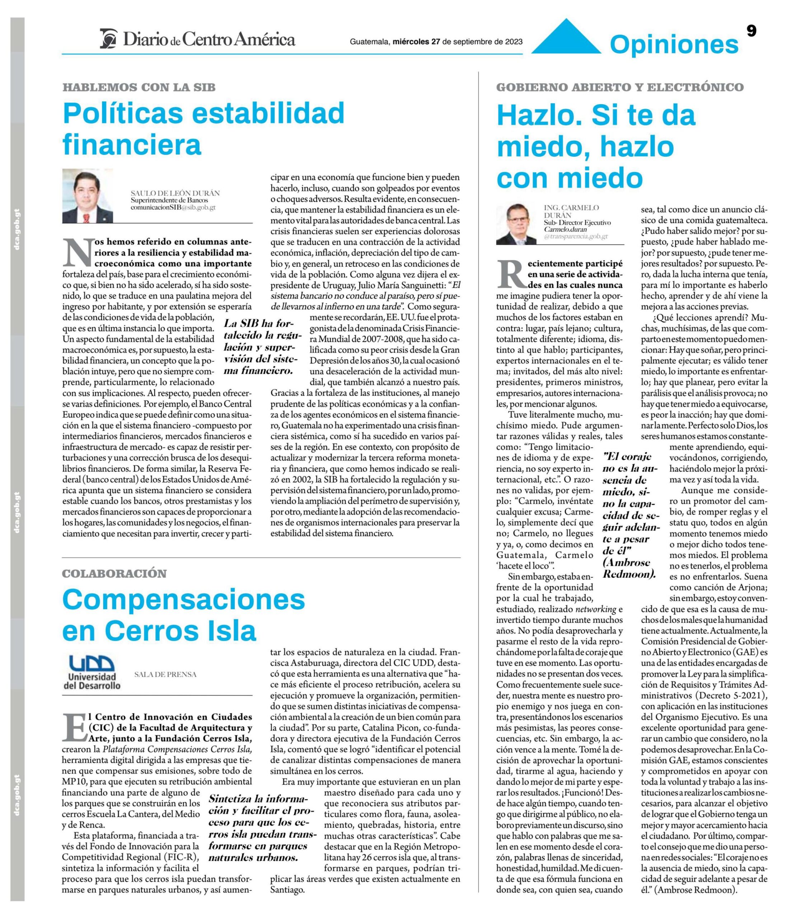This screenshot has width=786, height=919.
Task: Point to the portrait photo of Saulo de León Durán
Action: click(87, 196)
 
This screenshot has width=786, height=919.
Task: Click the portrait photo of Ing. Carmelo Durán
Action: click(514, 224)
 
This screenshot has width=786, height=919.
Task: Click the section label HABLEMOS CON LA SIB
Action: click(139, 87)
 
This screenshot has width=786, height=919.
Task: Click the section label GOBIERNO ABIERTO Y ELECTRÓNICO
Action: click(619, 87)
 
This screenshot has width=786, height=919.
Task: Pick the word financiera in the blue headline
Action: click(132, 144)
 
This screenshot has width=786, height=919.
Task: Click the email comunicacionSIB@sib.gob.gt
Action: click(173, 207)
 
